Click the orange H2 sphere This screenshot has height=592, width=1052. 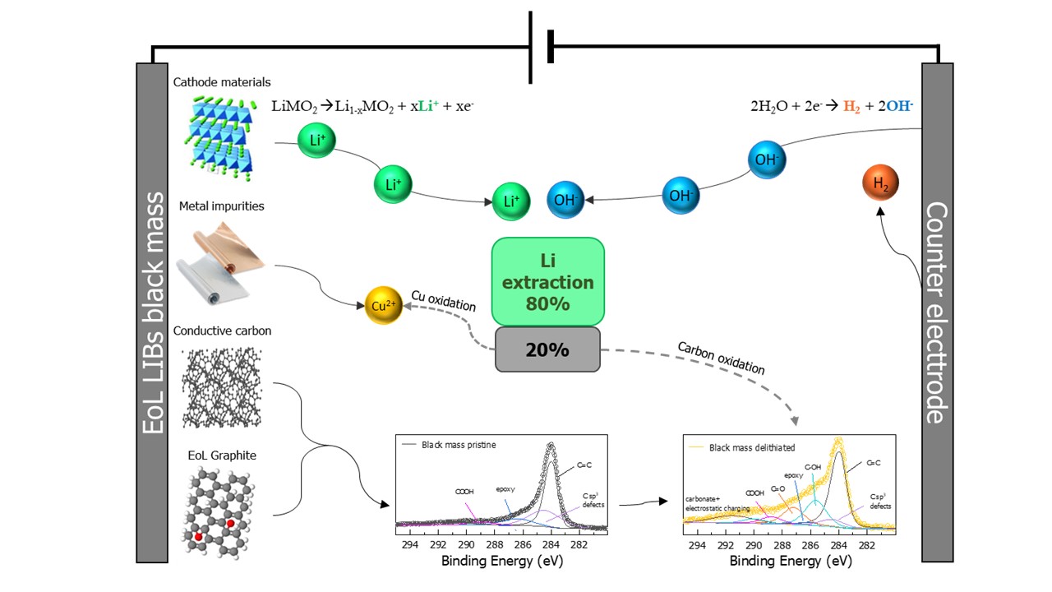click(880, 184)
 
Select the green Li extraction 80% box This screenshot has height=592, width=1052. click(547, 281)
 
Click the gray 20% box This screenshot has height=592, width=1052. click(547, 349)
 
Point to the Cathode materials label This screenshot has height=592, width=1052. click(222, 82)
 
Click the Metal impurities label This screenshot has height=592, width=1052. click(222, 206)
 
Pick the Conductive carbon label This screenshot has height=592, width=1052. click(222, 331)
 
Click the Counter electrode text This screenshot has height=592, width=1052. click(937, 313)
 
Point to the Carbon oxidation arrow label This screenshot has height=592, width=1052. click(720, 358)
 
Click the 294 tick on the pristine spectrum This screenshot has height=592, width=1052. click(408, 543)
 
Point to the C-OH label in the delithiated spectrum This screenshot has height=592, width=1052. click(813, 467)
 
